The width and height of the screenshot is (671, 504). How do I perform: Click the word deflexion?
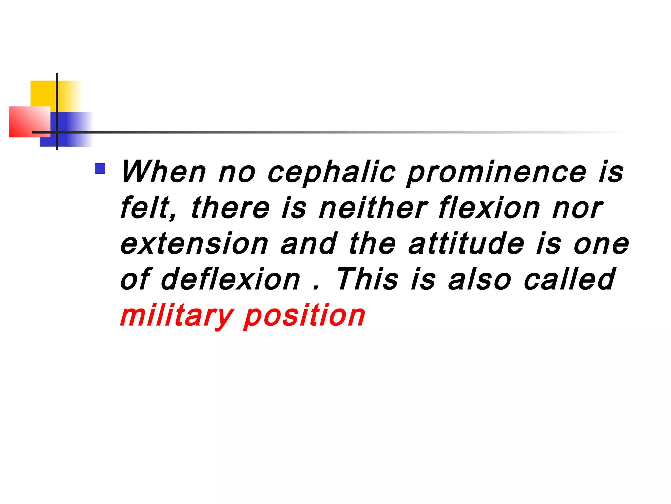[230, 279]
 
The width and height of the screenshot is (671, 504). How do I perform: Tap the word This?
[368, 279]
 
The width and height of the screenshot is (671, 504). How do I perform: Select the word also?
[480, 279]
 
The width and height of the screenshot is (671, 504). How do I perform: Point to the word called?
[569, 279]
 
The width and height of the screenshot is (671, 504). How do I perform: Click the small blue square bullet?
[100, 169]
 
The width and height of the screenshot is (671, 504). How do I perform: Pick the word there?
[230, 208]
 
